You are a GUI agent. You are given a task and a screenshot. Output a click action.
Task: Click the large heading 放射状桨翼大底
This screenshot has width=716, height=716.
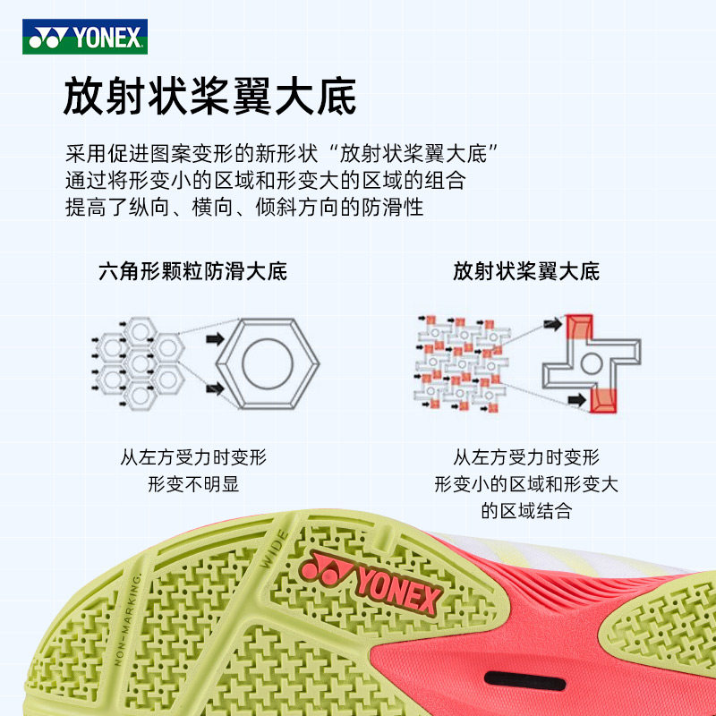pos(209,97)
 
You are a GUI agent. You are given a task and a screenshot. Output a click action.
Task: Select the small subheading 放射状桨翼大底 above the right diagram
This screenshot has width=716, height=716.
pos(525,271)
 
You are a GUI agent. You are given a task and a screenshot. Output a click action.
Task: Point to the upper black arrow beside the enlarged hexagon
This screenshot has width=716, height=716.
pos(214,340)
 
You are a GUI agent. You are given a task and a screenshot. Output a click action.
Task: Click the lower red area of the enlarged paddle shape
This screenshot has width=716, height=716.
pos(603,400)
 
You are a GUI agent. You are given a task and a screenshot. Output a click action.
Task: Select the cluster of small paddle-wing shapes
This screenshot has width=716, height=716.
pos(460,362)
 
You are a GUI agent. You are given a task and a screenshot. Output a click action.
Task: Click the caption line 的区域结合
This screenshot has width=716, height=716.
pos(525,511)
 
